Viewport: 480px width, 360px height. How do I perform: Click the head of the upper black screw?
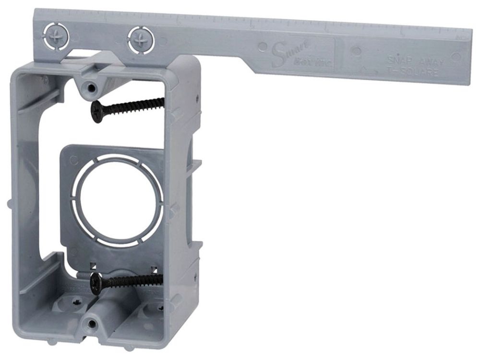(98, 111)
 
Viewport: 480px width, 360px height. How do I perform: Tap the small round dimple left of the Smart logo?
(263, 47)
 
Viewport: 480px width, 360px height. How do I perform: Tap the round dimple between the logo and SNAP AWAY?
(356, 50)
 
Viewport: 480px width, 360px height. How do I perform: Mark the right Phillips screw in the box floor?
(157, 307)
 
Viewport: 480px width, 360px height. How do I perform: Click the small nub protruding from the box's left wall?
(10, 204)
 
